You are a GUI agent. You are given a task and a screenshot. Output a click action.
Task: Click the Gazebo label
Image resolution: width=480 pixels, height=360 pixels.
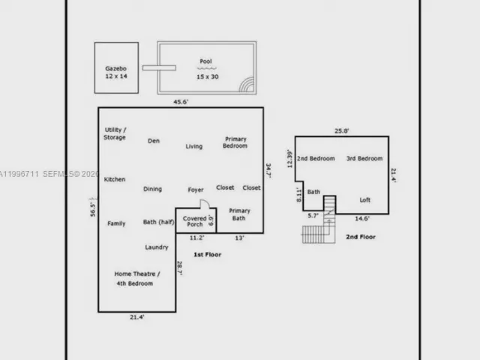point(115,68)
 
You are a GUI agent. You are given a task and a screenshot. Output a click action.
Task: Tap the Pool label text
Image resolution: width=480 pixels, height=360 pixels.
point(206,61)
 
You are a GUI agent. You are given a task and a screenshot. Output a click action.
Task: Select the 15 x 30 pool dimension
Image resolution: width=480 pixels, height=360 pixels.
point(208,76)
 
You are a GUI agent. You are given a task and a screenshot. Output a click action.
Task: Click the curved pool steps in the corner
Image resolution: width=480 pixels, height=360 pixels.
point(247,85)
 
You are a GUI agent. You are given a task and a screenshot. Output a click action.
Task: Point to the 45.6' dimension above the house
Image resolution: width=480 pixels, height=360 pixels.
point(181,102)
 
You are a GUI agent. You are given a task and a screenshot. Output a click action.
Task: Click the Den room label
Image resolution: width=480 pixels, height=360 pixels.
point(154,141)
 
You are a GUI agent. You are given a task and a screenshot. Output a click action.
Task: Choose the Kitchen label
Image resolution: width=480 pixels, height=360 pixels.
point(115,179)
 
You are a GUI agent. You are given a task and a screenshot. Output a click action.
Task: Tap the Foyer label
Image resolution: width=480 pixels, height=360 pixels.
point(196,190)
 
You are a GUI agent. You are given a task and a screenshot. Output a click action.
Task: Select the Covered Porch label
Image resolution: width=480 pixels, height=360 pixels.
point(195,221)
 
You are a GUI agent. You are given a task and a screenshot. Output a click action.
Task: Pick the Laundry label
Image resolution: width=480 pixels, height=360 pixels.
point(157,247)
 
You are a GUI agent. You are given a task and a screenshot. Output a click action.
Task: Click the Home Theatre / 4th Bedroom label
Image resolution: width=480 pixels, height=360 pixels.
point(136,278)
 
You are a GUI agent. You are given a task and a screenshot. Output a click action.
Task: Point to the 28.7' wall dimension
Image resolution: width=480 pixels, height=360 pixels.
point(180,268)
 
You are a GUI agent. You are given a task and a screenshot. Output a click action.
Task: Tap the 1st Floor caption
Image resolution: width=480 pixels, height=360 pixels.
point(207,254)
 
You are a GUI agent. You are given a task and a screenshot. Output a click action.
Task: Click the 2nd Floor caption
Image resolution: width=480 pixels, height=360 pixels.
point(361,237)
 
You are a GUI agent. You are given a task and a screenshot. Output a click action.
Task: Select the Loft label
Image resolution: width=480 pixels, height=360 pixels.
point(365,200)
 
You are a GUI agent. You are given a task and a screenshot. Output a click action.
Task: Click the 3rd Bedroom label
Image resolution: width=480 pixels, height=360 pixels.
point(364,158)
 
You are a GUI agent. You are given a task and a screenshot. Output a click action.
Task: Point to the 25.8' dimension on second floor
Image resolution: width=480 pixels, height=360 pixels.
point(342,131)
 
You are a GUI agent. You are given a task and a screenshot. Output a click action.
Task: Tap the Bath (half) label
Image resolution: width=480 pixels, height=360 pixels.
point(158,222)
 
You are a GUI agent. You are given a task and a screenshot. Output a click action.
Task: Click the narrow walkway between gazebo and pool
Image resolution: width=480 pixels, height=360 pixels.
point(159,67)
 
